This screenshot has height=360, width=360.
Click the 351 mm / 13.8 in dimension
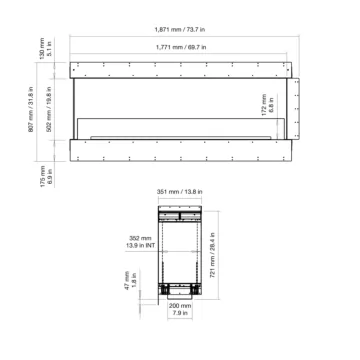pyautogui.click(x=180, y=197)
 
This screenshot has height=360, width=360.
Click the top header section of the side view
pyautogui.click(x=179, y=215)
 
